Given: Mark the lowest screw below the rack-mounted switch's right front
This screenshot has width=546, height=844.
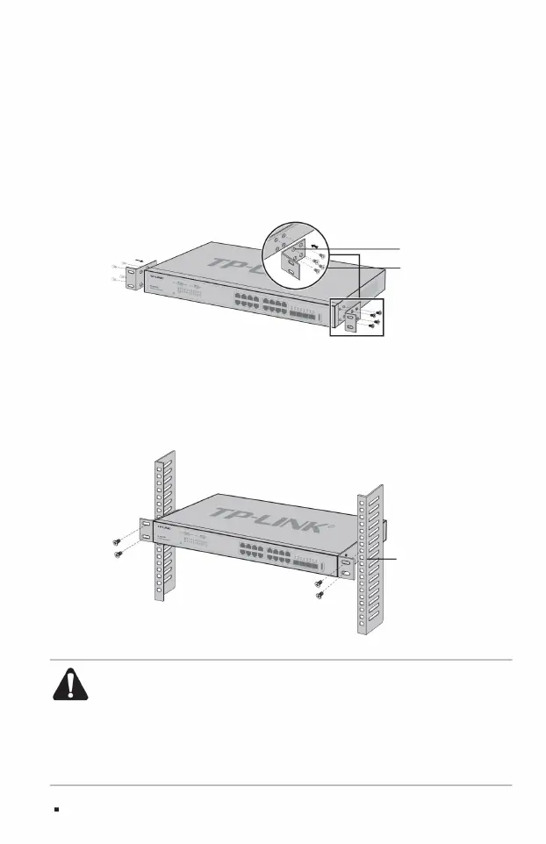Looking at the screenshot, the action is [319, 596].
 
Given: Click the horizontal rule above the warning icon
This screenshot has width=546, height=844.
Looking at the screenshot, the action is [281, 661].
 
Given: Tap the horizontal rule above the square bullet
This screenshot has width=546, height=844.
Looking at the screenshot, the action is [281, 785].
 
